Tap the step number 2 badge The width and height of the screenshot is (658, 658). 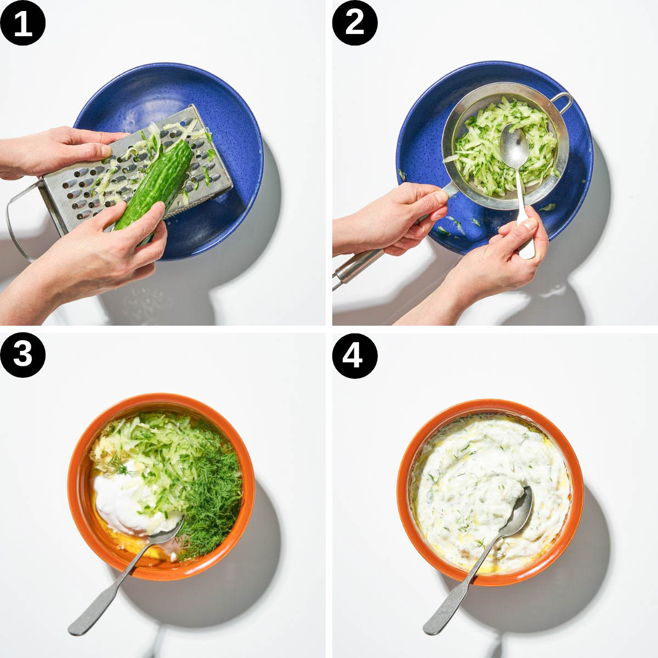pos(355,23)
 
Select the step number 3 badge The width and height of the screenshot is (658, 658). pos(23,355)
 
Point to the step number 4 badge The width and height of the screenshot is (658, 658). pos(355,355)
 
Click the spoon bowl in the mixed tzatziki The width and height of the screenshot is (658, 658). pos(519,509)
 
